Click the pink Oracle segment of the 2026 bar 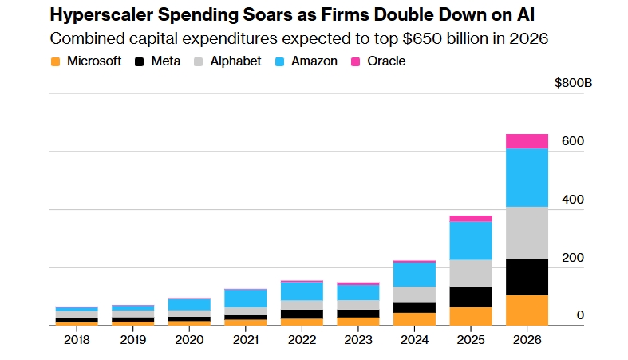tap(527, 141)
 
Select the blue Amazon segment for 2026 tap(527, 177)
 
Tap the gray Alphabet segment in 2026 tap(527, 232)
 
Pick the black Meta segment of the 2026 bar tap(527, 277)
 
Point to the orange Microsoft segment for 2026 tap(527, 310)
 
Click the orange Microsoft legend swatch tap(55, 61)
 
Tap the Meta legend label tap(165, 61)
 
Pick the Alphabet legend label tap(235, 61)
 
